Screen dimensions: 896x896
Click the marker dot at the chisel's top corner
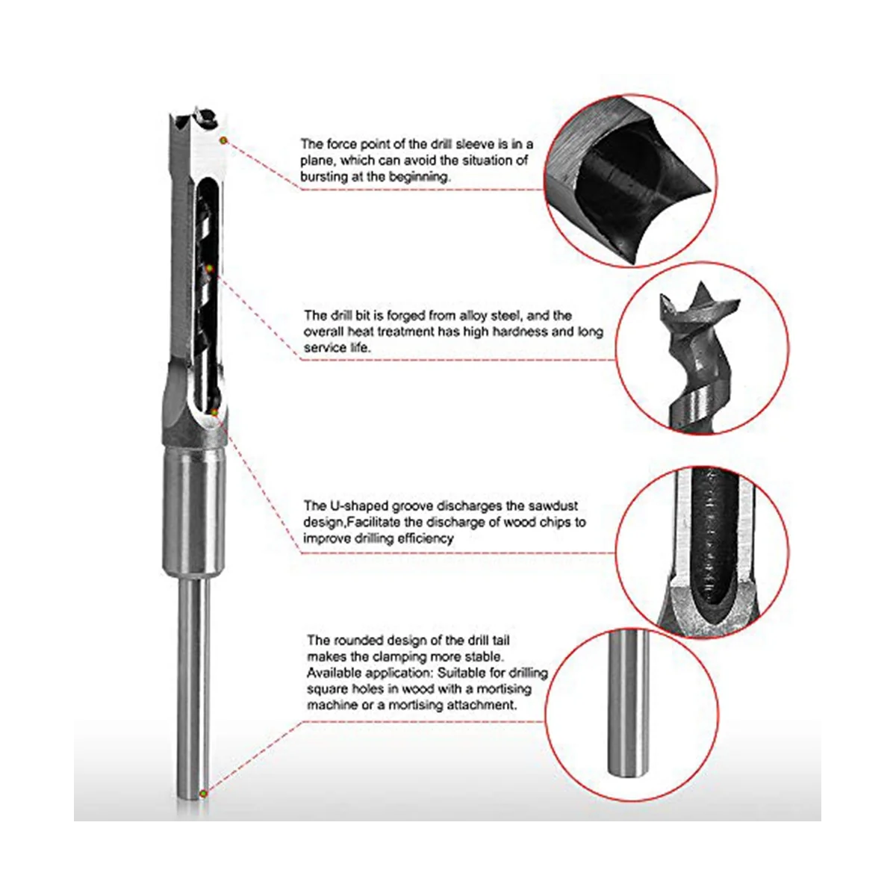tap(224, 140)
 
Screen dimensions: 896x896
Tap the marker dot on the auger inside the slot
tap(209, 268)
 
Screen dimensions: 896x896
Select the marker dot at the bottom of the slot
tap(214, 411)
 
